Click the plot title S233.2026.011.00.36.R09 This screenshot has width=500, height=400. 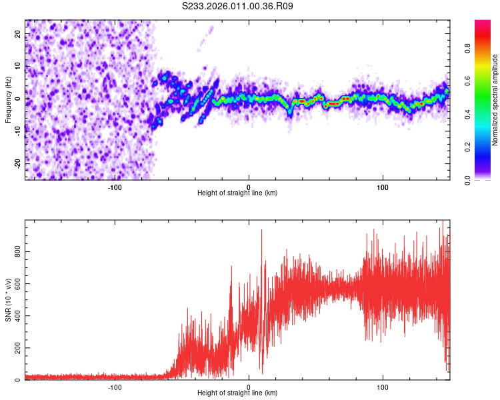pyautogui.click(x=238, y=6)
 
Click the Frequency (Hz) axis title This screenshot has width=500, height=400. pyautogui.click(x=8, y=100)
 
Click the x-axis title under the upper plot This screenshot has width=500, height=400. pyautogui.click(x=237, y=193)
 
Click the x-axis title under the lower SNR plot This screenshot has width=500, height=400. pyautogui.click(x=237, y=393)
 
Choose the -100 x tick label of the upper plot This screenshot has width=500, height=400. pyautogui.click(x=115, y=186)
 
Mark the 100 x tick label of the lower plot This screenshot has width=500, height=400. pyautogui.click(x=383, y=386)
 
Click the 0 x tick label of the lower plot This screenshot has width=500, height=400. pyautogui.click(x=249, y=386)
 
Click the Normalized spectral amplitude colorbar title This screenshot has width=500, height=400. pyautogui.click(x=495, y=100)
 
